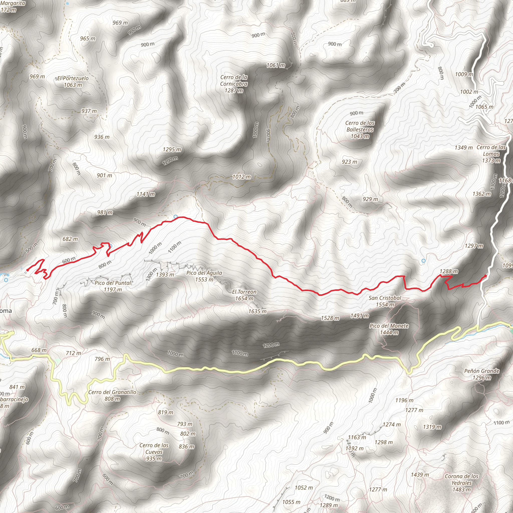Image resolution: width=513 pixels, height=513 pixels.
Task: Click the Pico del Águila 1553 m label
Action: [x=204, y=276]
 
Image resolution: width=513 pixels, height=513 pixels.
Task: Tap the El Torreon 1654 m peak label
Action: [x=244, y=295]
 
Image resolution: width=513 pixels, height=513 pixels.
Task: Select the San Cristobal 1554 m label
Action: [x=385, y=301]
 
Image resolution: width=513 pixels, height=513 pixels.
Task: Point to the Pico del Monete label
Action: [x=389, y=329]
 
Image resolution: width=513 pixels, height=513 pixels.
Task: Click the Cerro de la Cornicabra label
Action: [x=234, y=84]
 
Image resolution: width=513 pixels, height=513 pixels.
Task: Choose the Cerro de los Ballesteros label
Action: [x=360, y=130]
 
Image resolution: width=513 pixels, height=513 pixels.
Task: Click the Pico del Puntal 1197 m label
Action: [x=113, y=286]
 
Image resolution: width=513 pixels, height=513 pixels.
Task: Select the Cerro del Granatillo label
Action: [x=112, y=395]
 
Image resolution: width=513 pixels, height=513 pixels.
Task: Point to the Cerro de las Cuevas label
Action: [x=154, y=452]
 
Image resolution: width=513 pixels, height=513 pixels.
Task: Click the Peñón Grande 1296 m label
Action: [x=482, y=374]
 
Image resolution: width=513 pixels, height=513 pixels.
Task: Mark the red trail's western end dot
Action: [x=28, y=270]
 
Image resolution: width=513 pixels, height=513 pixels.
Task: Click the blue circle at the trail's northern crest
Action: [x=176, y=217]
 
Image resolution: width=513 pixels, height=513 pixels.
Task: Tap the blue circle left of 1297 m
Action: [x=424, y=261]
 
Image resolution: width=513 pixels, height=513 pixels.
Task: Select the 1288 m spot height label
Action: [x=449, y=271]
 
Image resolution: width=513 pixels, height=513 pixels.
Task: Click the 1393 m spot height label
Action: [x=165, y=275]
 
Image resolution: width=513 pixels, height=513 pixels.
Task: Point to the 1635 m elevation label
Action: [x=257, y=311]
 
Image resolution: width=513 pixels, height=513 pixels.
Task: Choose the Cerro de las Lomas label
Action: [x=491, y=154]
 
